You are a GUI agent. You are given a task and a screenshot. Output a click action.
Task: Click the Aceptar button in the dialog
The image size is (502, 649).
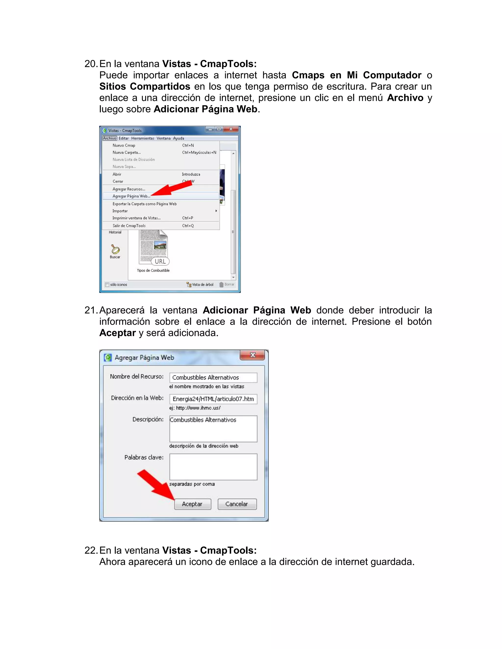pyautogui.click(x=192, y=504)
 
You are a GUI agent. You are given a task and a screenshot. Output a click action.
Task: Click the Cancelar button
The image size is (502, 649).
pyautogui.click(x=237, y=504)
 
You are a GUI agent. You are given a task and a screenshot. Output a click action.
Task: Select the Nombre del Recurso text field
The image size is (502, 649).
pyautogui.click(x=213, y=377)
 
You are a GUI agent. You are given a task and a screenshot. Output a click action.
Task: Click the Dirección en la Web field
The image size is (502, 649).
pyautogui.click(x=213, y=399)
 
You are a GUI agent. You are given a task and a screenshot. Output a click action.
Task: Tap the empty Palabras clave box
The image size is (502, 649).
pyautogui.click(x=213, y=467)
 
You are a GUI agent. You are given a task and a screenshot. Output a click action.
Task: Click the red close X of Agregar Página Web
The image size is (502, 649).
pyautogui.click(x=252, y=355)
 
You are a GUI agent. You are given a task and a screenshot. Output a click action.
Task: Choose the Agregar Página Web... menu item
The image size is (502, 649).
pyautogui.click(x=131, y=196)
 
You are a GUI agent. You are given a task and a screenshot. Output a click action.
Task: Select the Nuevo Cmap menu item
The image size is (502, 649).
pyautogui.click(x=124, y=145)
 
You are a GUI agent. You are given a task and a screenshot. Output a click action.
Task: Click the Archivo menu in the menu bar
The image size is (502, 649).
pyautogui.click(x=109, y=138)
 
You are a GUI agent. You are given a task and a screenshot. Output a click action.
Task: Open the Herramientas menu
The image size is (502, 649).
pyautogui.click(x=142, y=138)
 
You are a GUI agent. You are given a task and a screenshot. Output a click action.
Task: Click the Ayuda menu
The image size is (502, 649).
pyautogui.click(x=178, y=138)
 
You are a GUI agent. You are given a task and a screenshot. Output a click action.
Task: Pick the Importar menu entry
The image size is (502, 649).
pyautogui.click(x=120, y=211)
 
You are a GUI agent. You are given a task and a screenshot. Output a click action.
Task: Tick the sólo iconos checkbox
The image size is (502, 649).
pyautogui.click(x=107, y=285)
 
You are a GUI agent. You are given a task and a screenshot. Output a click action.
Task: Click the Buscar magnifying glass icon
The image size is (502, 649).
pyautogui.click(x=115, y=249)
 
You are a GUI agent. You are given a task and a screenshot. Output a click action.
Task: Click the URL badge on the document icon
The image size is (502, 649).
pyautogui.click(x=160, y=262)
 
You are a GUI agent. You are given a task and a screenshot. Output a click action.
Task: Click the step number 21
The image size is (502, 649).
pyautogui.click(x=90, y=310)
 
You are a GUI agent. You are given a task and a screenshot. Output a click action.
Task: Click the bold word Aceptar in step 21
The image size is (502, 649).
pyautogui.click(x=117, y=333)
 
